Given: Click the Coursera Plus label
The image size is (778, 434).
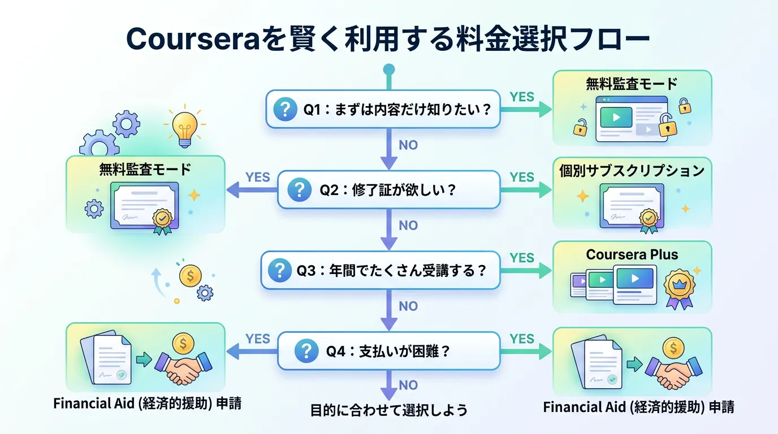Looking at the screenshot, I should tap(632, 254).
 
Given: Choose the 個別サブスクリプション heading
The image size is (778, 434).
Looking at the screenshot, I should tap(632, 171).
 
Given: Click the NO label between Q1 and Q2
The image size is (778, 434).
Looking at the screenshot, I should tap(408, 145).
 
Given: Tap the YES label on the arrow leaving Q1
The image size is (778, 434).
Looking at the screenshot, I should tap(521, 97).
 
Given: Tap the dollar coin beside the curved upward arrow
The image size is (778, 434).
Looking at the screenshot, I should tap(190, 275).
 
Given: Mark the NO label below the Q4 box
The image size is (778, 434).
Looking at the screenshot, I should tap(408, 386).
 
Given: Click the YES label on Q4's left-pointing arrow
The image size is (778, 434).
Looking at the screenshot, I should tap(258, 338).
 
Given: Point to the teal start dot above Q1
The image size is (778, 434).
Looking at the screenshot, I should tap(388, 70).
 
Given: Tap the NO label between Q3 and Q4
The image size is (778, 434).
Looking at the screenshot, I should tap(408, 306).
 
